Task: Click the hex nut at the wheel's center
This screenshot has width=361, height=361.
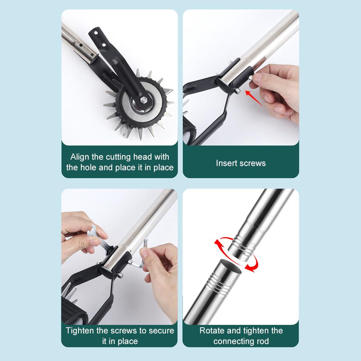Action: tap(144, 100)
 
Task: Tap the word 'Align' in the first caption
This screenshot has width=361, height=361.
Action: tap(80, 157)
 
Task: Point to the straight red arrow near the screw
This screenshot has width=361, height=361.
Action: tap(254, 98)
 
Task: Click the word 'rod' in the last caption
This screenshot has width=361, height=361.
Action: tap(262, 341)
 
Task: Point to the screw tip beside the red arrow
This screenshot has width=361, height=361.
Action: tap(237, 91)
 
